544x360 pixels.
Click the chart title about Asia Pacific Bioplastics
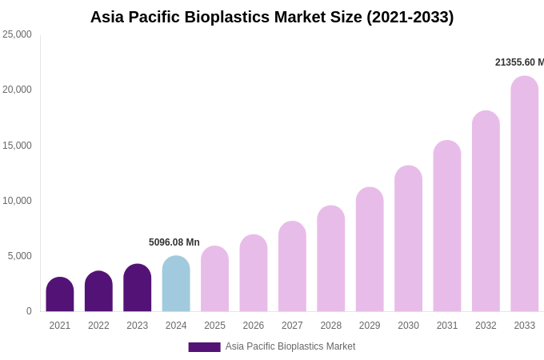[272, 17]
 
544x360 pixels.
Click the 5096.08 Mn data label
[174, 242]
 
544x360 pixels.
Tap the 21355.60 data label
[519, 62]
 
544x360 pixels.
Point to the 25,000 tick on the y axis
[18, 34]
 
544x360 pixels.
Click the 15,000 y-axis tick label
[18, 146]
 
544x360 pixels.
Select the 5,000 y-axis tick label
[20, 256]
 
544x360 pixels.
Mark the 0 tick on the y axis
[29, 311]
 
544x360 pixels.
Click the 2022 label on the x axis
[98, 326]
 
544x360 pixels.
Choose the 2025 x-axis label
[214, 326]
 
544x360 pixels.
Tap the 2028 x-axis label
[331, 326]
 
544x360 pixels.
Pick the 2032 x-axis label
[486, 326]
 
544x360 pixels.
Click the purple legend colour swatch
[204, 347]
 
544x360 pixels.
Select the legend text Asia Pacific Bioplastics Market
[290, 346]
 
